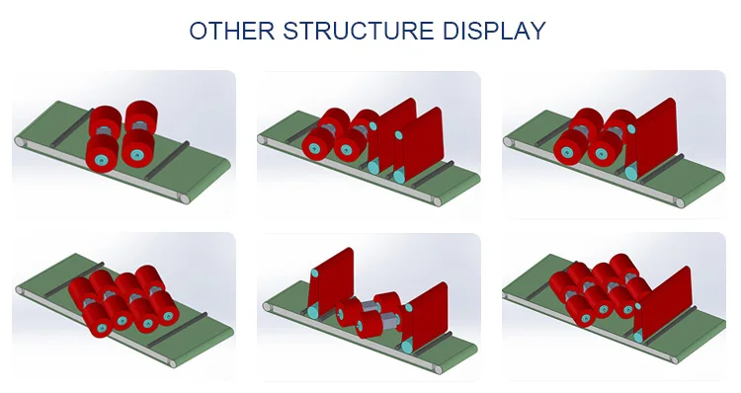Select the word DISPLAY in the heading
coord(494,31)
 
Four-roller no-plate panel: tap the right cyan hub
coord(137,154)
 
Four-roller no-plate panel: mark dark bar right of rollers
coord(166,161)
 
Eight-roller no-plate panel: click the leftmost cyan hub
coord(102,328)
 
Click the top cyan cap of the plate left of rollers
coord(314,273)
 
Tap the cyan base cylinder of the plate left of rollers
coord(313,311)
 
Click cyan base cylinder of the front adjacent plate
coord(400,176)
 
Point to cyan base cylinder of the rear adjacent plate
coord(373,166)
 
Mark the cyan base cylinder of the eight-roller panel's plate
coord(639,336)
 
